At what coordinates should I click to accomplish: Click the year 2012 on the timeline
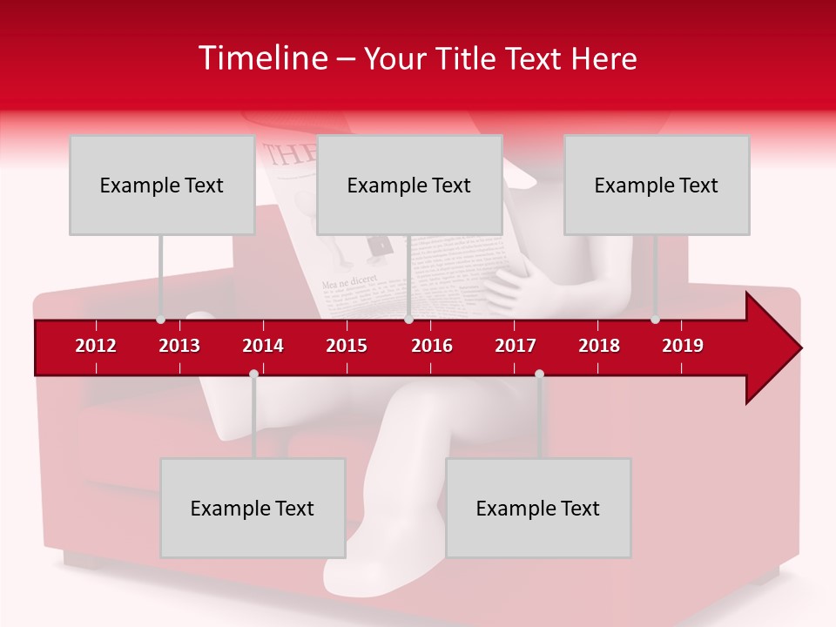click(96, 346)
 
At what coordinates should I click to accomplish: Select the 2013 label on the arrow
click(179, 346)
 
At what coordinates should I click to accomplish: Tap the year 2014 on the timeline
click(263, 346)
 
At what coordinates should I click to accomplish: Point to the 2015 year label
click(347, 346)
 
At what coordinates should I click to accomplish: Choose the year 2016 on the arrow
click(432, 346)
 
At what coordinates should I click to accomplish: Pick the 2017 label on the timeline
click(516, 346)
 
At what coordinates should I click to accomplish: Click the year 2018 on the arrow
click(599, 346)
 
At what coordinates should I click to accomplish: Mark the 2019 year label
click(683, 346)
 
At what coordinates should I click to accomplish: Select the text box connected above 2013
click(162, 185)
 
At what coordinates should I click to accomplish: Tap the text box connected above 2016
click(409, 185)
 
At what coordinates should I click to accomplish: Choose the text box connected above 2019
click(657, 185)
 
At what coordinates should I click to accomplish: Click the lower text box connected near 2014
click(253, 508)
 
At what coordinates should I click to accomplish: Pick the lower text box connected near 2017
click(538, 508)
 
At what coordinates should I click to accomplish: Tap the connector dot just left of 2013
click(160, 320)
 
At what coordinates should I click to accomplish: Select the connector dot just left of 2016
click(408, 320)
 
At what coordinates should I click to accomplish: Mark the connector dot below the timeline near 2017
click(539, 374)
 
